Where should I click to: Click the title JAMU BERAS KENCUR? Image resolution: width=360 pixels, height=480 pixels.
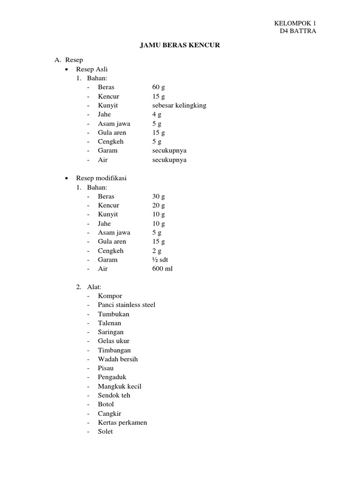tap(180, 45)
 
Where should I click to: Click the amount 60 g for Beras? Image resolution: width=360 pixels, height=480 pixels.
tap(158, 87)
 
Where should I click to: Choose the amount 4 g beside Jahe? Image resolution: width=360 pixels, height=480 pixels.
tap(157, 114)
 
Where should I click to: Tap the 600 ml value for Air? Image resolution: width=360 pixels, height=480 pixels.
tap(162, 269)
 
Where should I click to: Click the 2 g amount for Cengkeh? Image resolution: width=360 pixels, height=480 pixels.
tap(157, 251)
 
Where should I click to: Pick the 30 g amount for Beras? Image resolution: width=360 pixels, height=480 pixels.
tap(158, 196)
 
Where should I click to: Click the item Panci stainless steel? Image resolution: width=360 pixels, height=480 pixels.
tap(127, 305)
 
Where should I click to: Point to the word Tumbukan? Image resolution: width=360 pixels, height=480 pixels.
tap(113, 314)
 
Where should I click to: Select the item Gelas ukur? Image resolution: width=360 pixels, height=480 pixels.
tap(114, 341)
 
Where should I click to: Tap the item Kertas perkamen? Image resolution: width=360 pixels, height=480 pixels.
tap(122, 423)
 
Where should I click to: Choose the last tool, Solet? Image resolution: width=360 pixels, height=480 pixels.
tap(105, 432)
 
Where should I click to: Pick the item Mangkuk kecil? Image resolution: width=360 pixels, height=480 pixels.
tap(120, 387)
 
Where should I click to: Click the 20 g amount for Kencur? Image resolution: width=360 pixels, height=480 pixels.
tap(158, 205)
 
